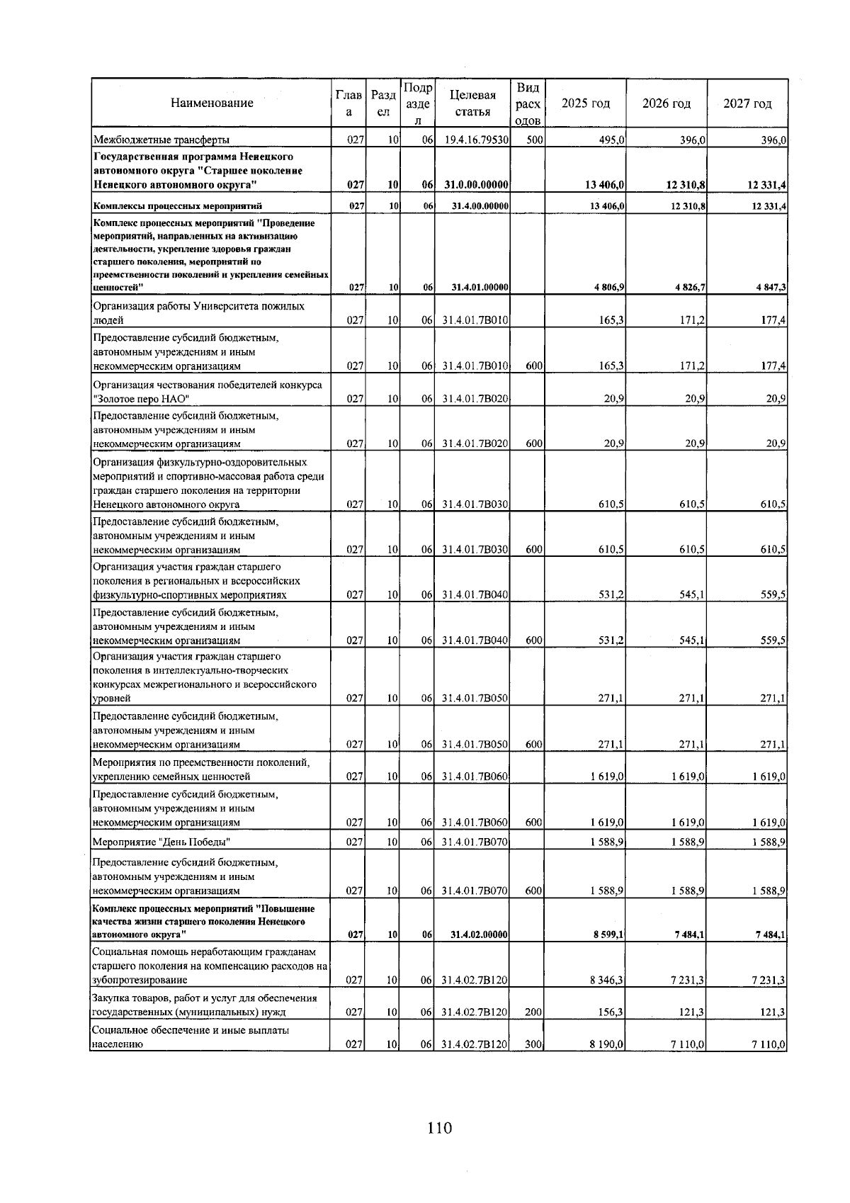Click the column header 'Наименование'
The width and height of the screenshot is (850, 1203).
212,103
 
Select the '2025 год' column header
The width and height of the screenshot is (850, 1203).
585,103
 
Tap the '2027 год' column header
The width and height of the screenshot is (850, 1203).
747,103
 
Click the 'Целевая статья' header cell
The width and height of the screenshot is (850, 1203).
472,103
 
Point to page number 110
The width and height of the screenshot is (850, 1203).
439,1128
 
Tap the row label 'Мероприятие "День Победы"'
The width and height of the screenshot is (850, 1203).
162,842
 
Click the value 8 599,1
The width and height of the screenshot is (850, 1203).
608,935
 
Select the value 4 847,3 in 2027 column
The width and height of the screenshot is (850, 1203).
771,288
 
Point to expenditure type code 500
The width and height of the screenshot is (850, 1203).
534,140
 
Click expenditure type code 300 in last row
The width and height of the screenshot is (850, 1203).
534,1044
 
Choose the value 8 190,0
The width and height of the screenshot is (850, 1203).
607,1044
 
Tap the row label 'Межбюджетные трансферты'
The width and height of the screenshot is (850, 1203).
161,140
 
